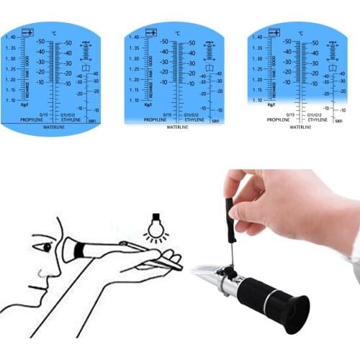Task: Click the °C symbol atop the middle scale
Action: click(x=178, y=33)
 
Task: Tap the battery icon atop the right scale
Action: click(x=274, y=32)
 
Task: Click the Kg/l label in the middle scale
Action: click(x=148, y=104)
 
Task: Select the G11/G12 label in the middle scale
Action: click(x=192, y=114)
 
